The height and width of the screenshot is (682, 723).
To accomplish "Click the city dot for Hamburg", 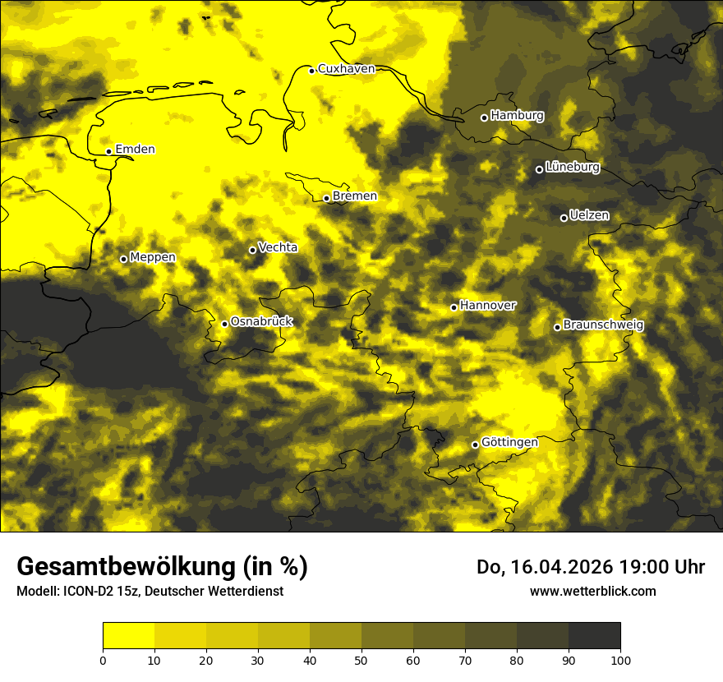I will coord(484,118).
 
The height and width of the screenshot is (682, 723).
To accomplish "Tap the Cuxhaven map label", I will coord(346,69).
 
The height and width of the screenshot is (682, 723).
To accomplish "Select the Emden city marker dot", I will coord(108,151).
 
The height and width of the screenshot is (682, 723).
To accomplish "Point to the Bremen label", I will coord(355,196).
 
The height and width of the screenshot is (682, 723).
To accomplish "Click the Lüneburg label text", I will coord(573,167).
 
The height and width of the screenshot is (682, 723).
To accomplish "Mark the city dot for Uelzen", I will coord(564,218).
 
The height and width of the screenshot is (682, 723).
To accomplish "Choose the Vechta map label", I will coord(278,247).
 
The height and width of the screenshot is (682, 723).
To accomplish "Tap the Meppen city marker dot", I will coord(123,259).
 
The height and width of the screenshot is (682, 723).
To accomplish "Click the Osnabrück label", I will coord(261,321).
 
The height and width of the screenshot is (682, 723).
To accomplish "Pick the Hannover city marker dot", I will coord(454,307).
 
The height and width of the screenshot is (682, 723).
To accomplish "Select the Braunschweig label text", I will coord(603,325).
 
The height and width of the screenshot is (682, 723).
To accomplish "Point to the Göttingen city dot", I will coord(475,445).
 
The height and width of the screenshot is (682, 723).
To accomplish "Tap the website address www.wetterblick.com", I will coord(592,591).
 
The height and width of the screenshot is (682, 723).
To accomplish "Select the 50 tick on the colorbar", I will coord(361,659).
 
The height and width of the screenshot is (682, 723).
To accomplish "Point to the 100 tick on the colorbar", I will coord(620,659).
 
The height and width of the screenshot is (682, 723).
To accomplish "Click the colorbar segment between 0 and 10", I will coord(128,636).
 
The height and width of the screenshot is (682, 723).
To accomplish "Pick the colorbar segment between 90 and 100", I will coord(594,636).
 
